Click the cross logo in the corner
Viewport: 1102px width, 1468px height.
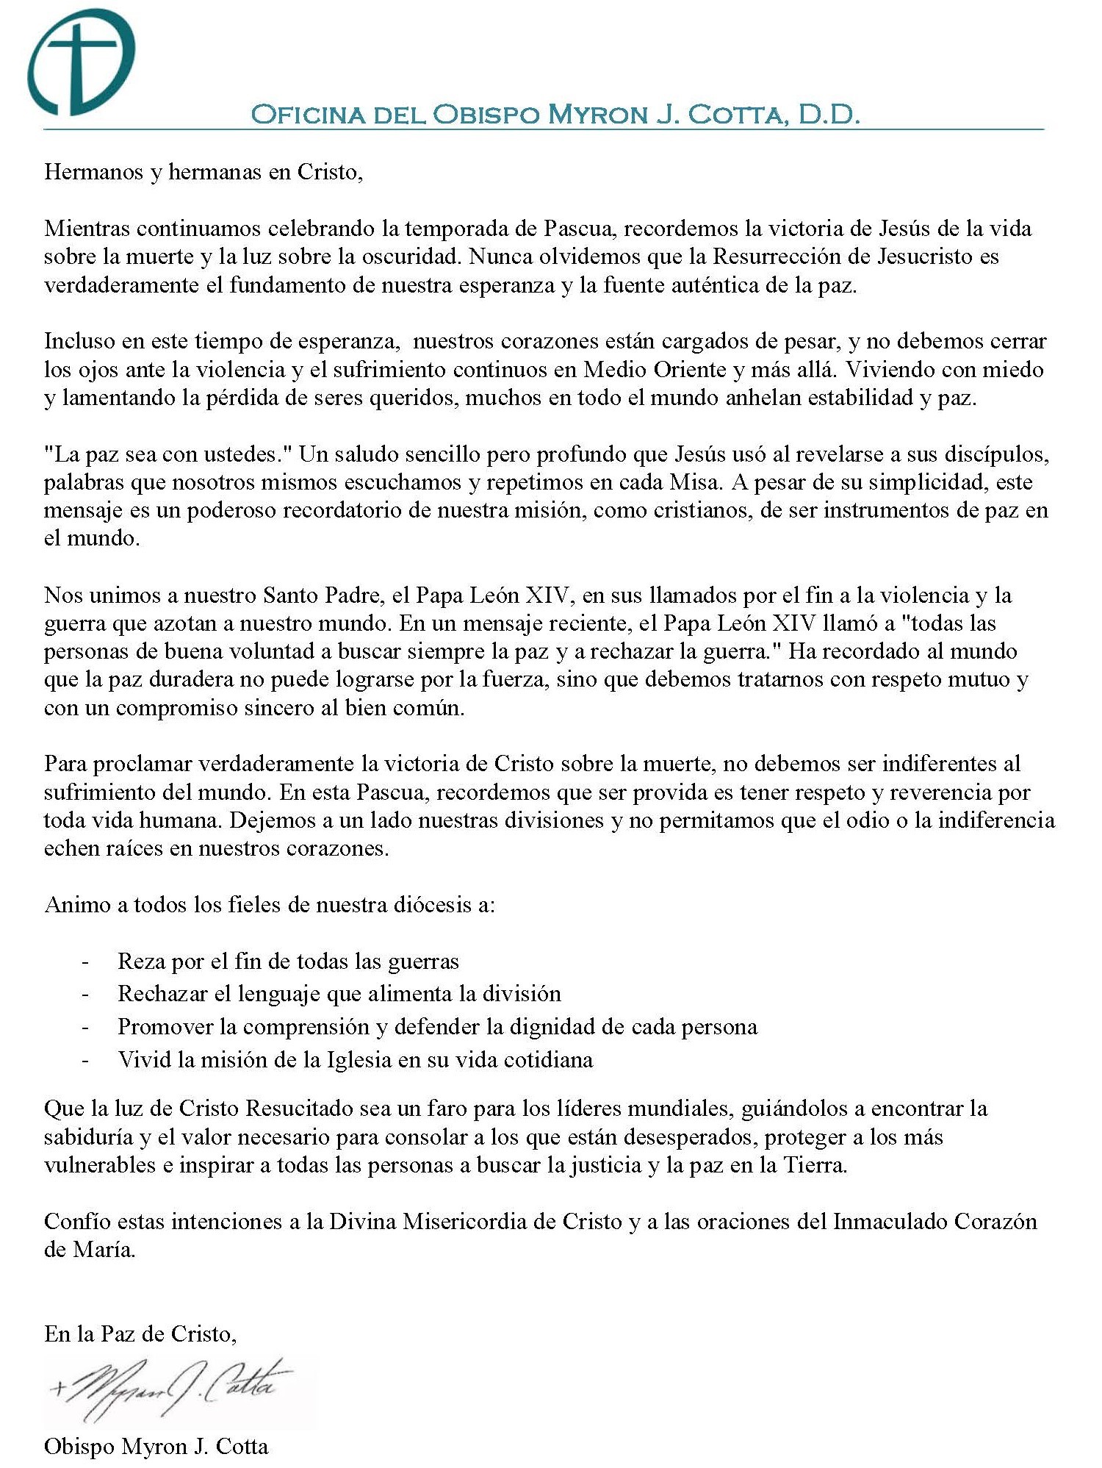81,62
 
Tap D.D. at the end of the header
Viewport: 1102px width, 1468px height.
829,115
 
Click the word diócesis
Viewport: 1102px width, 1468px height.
422,904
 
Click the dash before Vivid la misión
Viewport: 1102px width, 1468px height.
86,1060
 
